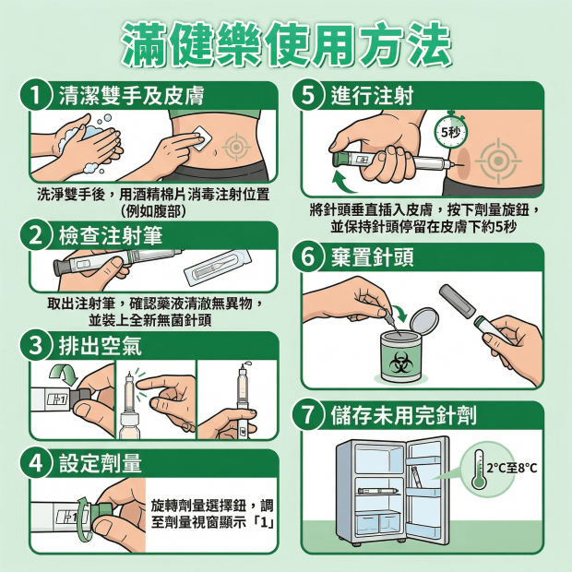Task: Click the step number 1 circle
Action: coord(36,95)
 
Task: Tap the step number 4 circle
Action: coord(36,464)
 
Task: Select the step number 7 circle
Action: coord(308,415)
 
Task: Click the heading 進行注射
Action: coord(373,96)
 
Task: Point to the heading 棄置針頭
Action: coord(373,256)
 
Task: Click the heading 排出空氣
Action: coord(101,345)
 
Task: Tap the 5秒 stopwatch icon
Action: coord(451,131)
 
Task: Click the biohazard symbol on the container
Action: coord(401,363)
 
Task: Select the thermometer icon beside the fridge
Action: coord(479,470)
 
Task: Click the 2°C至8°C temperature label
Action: coord(512,468)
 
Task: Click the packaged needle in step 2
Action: coord(218,268)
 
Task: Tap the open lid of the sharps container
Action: coord(423,321)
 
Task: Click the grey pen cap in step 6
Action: coord(458,301)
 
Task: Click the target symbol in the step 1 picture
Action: coord(236,147)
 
